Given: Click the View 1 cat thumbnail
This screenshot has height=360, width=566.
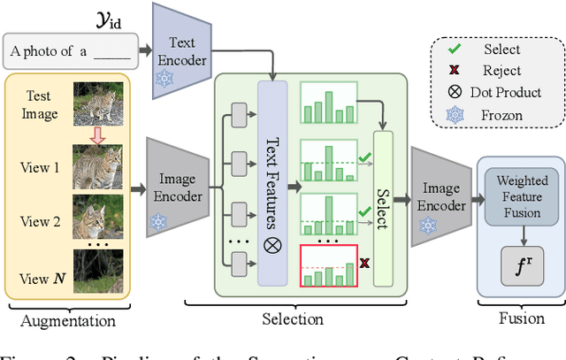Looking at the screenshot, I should coord(97,165).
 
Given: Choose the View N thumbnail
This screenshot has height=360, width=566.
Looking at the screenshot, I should coord(97,272).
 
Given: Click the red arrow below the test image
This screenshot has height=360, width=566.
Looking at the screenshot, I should coord(97,135).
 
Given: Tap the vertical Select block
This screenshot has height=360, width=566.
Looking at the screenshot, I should coord(382,208).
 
